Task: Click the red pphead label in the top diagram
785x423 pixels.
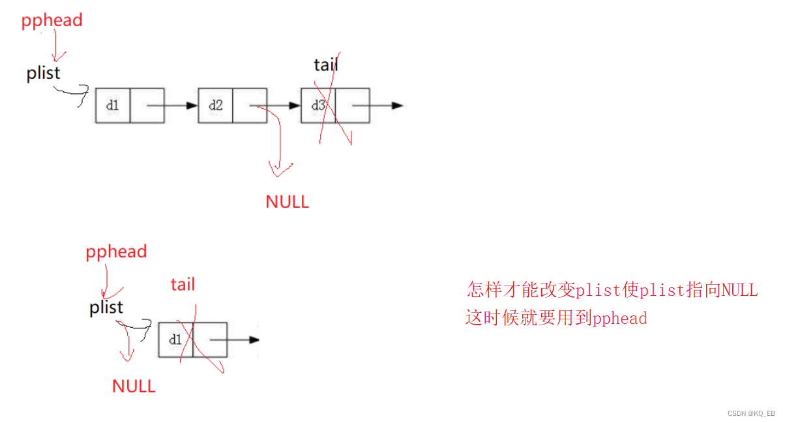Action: point(52,20)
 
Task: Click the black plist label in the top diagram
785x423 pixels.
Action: point(43,73)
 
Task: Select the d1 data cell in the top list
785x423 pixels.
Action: point(113,105)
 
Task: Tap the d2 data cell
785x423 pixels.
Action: point(216,105)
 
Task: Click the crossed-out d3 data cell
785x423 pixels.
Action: point(318,105)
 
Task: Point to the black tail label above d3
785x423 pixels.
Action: point(325,65)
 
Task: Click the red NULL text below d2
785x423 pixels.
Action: point(287,202)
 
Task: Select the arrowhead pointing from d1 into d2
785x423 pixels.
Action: point(191,105)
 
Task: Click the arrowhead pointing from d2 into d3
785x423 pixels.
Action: point(294,105)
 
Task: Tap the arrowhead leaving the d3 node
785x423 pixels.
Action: point(397,105)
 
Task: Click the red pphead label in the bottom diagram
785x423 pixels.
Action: point(116,252)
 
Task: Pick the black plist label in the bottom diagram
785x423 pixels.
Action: point(106,307)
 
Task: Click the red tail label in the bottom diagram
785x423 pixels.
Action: point(183,284)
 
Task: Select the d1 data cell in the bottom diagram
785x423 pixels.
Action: point(175,340)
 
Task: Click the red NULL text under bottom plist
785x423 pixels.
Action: point(134,386)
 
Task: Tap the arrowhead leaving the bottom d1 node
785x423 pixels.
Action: point(254,340)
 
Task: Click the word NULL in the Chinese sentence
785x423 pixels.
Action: point(739,289)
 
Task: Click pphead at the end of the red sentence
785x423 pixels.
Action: point(619,318)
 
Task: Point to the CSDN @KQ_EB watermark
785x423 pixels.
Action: point(750,413)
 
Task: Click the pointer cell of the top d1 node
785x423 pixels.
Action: point(147,105)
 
